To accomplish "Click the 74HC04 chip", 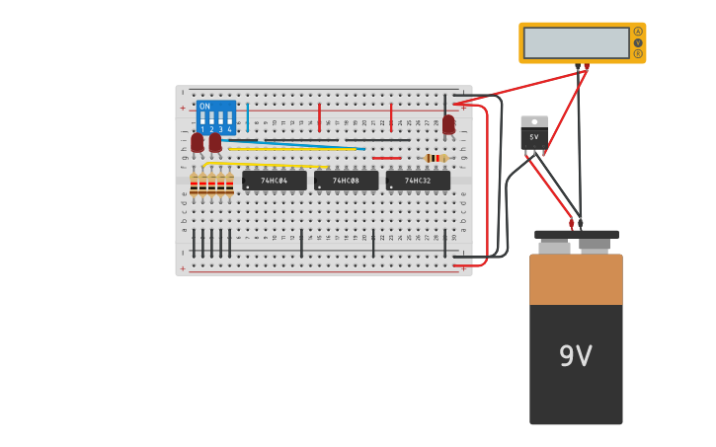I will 274,181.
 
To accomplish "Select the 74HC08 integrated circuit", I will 346,181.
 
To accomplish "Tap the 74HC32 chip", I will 418,181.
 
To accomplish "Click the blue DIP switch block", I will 216,117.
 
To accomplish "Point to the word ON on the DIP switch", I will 204,107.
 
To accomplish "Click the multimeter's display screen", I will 576,42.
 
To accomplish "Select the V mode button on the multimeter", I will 638,42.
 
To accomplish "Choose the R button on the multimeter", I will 638,53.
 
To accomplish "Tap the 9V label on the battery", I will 576,356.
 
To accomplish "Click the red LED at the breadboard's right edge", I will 448,124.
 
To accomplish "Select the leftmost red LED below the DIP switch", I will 198,142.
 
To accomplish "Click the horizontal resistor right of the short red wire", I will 435,158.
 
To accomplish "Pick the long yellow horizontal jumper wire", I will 292,149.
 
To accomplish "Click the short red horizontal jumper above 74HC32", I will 386,158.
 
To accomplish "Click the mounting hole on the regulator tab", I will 534,122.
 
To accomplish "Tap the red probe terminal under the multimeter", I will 587,67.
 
